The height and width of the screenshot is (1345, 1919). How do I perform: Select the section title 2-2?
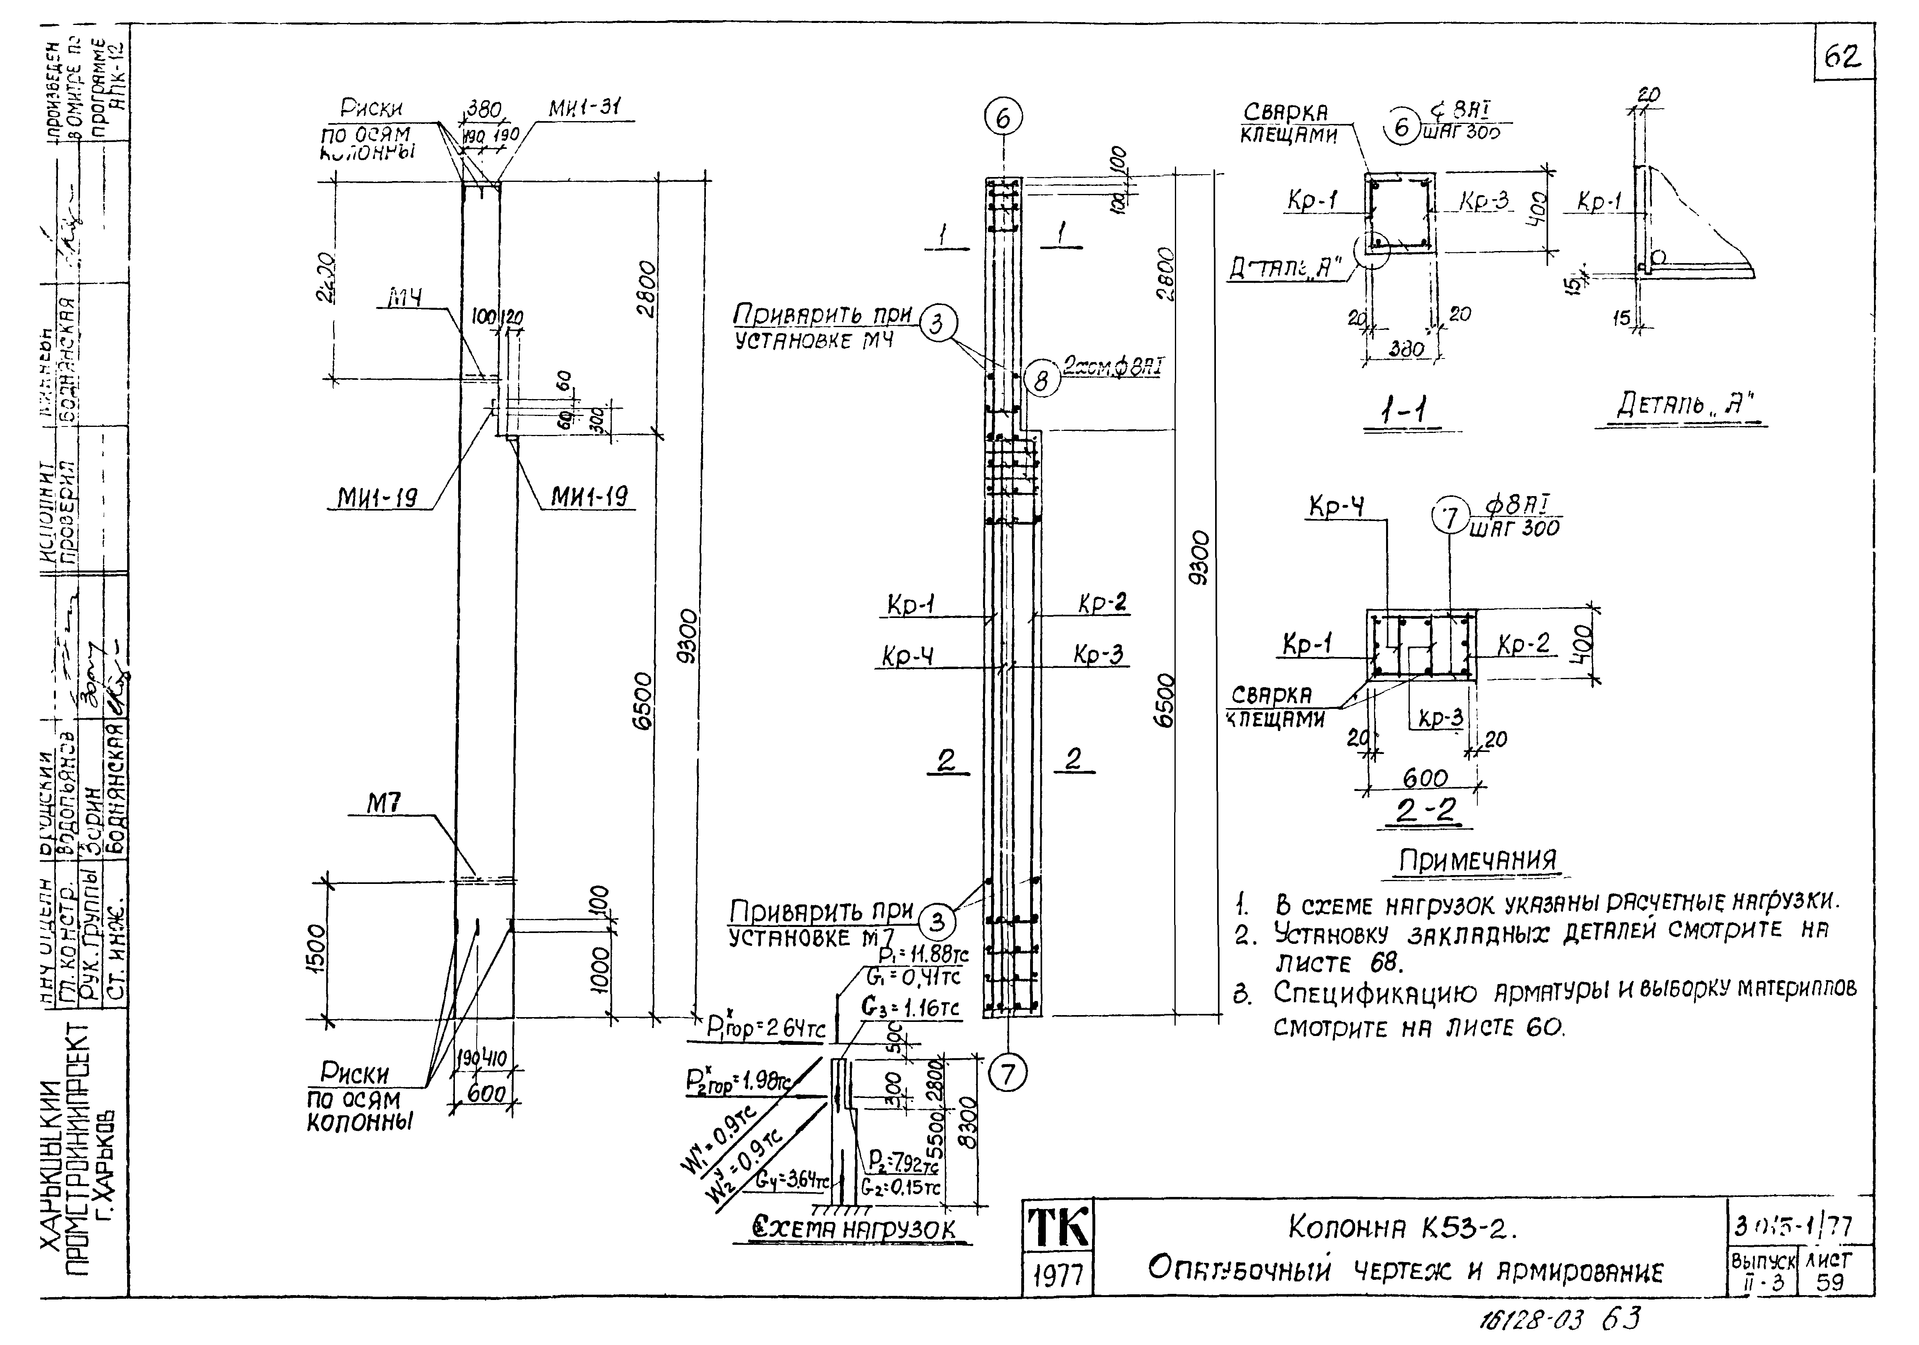click(x=1425, y=811)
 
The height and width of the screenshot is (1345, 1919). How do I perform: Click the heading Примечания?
click(x=1477, y=861)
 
